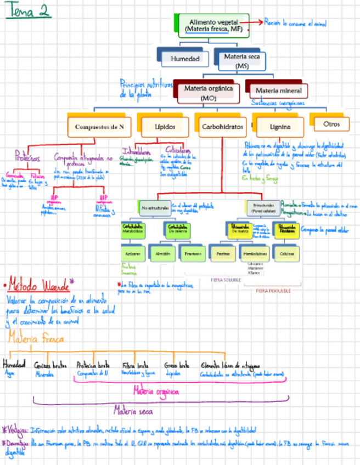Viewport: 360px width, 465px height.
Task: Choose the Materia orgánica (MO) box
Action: [x=208, y=92]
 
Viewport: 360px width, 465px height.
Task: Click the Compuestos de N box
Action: [x=99, y=126]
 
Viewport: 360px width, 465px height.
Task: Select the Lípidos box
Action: [x=165, y=126]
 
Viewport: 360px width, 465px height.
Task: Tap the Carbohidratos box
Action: [x=222, y=126]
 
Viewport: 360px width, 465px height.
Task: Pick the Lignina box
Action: [x=280, y=127]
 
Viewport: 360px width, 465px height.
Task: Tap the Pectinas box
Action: [x=223, y=254]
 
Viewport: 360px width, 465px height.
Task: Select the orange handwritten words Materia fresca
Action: [x=35, y=339]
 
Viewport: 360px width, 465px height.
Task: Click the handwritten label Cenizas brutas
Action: [x=48, y=365]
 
